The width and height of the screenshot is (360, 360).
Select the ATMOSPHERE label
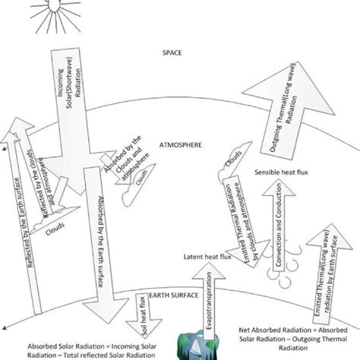(x=179, y=144)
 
